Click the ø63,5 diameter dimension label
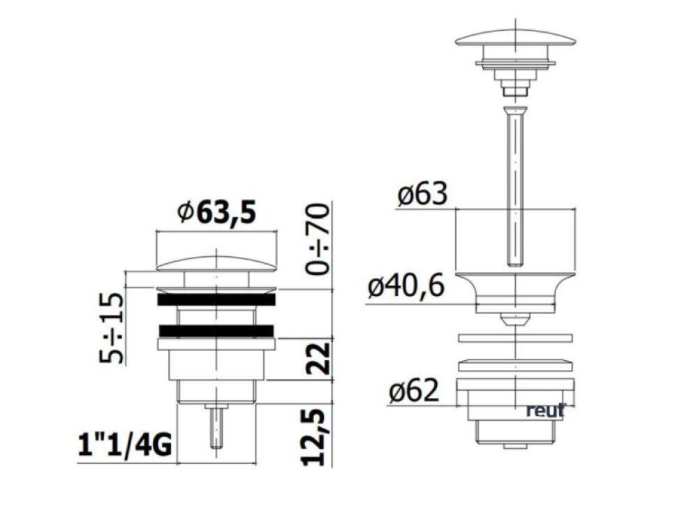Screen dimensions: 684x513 pos(217,212)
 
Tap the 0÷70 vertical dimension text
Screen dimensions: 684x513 pos(317,239)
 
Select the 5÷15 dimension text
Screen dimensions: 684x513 pos(111,328)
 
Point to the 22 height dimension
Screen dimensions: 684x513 pos(317,359)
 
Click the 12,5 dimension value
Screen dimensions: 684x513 pos(315,437)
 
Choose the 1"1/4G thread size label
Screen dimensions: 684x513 pos(125,445)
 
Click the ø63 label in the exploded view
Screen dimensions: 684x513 pos(422,194)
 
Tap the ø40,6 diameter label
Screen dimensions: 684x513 pos(406,287)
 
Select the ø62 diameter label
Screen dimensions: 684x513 pos(413,390)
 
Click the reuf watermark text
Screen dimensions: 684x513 pos(546,410)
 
